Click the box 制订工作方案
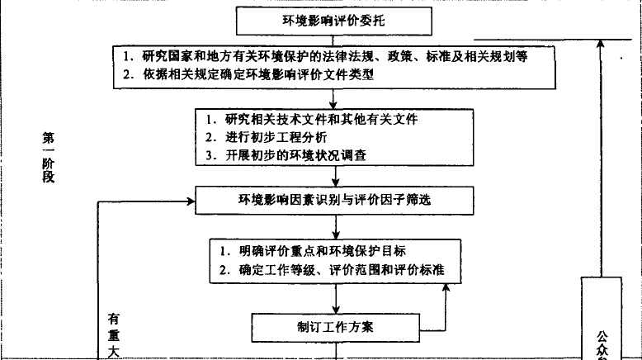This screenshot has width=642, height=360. pos(334,326)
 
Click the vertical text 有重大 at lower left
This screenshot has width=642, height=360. pos(115,334)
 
